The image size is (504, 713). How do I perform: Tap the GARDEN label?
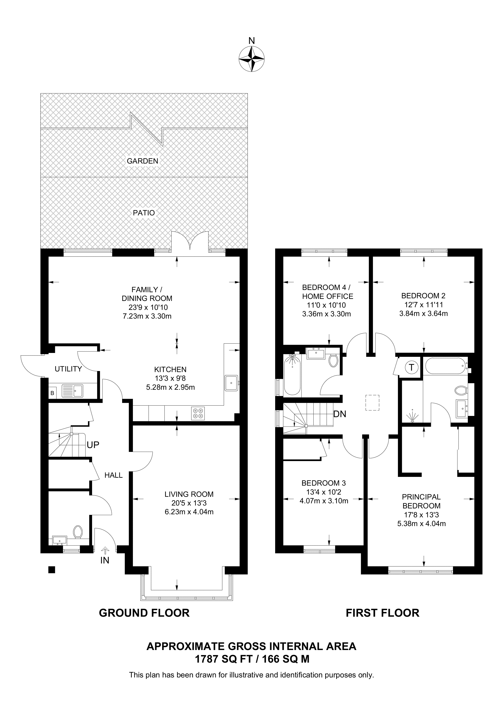coord(142,161)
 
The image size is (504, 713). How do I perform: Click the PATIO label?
coord(144,213)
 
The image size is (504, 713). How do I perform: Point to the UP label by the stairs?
coord(93,445)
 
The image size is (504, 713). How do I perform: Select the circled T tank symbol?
coord(411,368)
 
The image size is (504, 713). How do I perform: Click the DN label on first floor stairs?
coord(340,414)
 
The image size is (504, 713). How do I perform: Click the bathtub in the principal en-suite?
coord(446,366)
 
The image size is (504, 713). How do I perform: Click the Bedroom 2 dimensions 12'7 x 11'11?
coord(423,305)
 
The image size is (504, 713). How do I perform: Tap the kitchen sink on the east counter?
coord(231,382)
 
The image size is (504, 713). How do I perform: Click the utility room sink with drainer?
coord(72,391)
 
